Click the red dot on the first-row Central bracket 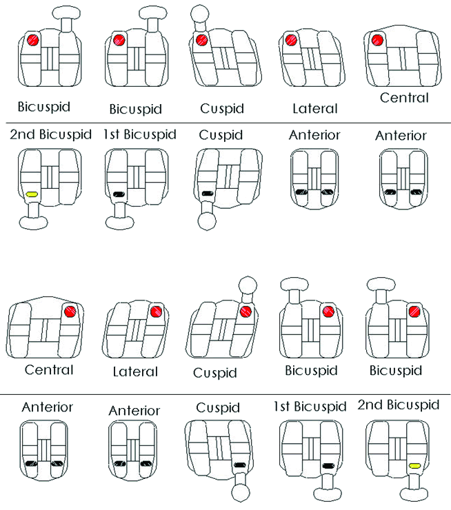tap(377, 40)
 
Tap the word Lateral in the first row tap(315, 109)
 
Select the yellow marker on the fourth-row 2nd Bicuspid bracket tap(414, 466)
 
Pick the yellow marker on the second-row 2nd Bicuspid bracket tap(32, 194)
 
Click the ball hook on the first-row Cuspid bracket tap(199, 14)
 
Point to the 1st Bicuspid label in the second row tap(140, 134)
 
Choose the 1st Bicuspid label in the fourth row tap(310, 406)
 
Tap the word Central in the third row tap(49, 370)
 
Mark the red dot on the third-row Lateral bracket tap(156, 312)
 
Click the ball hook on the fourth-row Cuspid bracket tap(241, 492)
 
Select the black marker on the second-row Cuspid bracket tap(208, 194)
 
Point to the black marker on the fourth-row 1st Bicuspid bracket tap(328, 466)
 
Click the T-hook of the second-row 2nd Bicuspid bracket tap(34, 216)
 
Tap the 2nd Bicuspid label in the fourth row tap(399, 405)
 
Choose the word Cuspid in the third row tap(215, 373)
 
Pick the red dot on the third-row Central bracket tap(70, 312)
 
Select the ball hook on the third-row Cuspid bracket tap(248, 286)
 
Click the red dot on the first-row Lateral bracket tap(291, 40)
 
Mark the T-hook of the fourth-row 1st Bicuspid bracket tap(328, 487)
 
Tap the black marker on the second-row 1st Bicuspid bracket tap(119, 194)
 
